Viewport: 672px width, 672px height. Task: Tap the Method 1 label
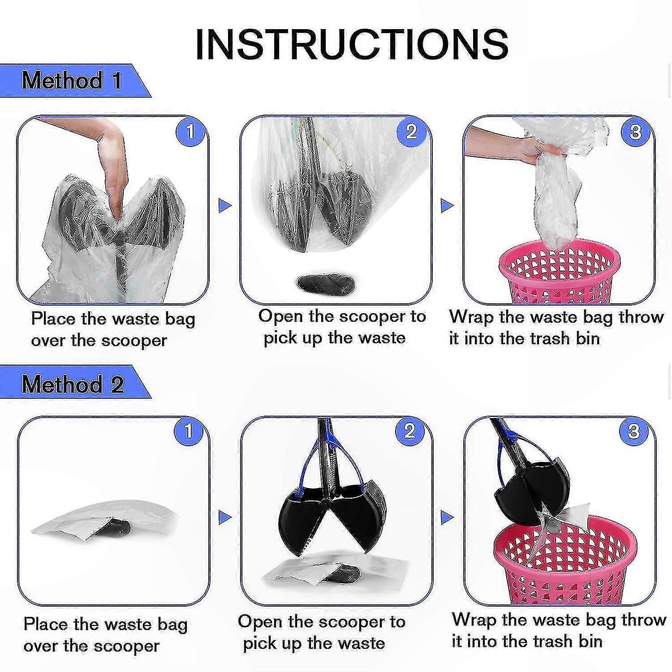[72, 81]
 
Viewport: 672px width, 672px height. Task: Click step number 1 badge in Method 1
[190, 132]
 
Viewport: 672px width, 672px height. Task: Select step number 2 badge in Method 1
[411, 131]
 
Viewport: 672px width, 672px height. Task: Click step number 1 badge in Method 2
[189, 431]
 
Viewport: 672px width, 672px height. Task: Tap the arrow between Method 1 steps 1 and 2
[225, 206]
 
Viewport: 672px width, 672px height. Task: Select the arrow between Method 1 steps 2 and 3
[447, 206]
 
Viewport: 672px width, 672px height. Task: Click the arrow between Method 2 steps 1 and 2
[225, 518]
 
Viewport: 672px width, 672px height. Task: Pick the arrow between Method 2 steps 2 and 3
[447, 518]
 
